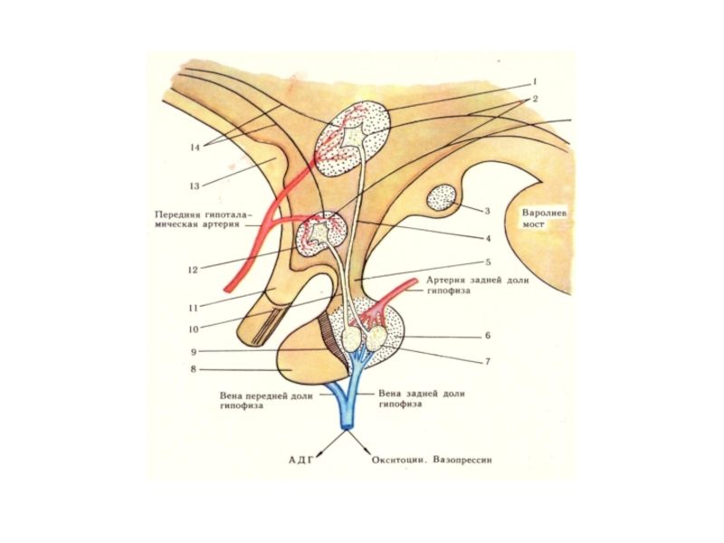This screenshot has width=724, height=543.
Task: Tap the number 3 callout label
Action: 487,211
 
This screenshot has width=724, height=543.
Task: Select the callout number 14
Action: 194,146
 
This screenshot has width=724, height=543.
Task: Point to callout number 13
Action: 194,186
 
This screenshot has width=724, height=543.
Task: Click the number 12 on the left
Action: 193,269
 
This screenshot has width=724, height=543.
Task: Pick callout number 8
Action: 193,369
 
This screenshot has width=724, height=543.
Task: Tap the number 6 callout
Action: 487,335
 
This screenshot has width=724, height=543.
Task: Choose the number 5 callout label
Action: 488,263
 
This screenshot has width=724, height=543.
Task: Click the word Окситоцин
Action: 399,460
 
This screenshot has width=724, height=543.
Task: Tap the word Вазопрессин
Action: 465,460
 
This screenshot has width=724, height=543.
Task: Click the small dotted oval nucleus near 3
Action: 443,198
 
